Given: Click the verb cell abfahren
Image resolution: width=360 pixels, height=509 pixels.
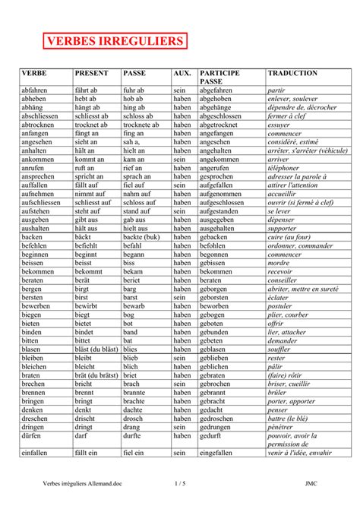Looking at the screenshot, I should (x=36, y=90).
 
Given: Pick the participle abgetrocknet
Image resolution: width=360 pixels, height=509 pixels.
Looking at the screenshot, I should (x=223, y=125).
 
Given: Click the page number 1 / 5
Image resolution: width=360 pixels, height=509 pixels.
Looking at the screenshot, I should (x=180, y=482).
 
